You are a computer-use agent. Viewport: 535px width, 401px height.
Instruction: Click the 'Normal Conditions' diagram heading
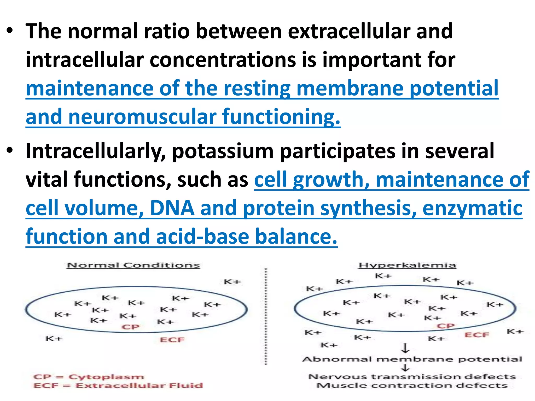(133, 265)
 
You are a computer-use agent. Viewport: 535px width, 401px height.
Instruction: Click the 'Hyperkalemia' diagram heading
(408, 265)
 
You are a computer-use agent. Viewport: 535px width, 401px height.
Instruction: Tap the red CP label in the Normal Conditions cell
(131, 327)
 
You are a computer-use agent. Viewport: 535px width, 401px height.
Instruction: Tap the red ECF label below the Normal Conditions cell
(172, 340)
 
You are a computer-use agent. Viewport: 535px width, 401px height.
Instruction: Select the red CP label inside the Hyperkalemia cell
(446, 326)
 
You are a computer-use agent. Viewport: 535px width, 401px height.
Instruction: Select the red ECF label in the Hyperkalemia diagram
(477, 335)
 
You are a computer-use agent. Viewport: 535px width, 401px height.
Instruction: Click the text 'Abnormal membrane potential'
(412, 359)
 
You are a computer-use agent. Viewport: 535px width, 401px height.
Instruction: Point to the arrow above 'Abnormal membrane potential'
(405, 348)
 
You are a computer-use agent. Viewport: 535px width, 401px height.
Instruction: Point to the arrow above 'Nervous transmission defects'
(405, 368)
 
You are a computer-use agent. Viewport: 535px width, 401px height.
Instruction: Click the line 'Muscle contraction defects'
(412, 385)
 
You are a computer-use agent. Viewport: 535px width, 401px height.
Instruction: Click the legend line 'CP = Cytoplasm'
(89, 377)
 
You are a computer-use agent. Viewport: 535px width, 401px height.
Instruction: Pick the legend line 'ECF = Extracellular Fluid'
(118, 385)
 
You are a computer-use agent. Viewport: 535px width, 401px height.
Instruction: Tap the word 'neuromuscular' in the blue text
(142, 117)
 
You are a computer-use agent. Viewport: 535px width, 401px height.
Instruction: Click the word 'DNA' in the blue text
(172, 208)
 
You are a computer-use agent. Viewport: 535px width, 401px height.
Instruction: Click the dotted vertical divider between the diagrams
(266, 316)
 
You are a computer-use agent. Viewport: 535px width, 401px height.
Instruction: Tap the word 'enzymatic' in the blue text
(472, 208)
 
